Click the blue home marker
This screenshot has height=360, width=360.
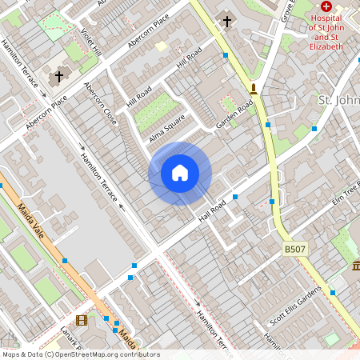[180, 173]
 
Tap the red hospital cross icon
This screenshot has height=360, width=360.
[326, 6]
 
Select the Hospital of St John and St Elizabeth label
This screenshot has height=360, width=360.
[326, 31]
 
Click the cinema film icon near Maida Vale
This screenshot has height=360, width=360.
[81, 321]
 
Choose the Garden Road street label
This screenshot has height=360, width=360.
[234, 114]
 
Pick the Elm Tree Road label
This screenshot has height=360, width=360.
[338, 194]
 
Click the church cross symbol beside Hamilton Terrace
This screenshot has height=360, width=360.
[58, 77]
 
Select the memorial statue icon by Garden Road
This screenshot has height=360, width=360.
[254, 88]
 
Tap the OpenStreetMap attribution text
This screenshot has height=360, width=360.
[81, 354]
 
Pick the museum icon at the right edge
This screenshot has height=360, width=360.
[355, 265]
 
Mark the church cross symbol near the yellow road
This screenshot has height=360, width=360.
[227, 21]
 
